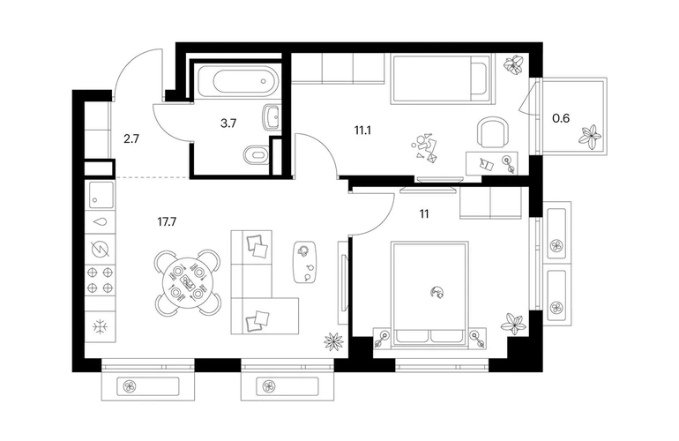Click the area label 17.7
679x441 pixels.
167,222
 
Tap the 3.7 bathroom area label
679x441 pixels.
228,123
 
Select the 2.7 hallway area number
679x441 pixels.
131,139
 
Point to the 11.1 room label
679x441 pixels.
362,130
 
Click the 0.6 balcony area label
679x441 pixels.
561,118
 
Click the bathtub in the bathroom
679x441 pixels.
237,80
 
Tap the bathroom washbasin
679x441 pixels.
271,117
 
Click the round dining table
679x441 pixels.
188,283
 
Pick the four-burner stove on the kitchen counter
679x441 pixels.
100,280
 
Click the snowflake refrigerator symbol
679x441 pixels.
100,326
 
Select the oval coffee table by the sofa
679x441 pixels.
306,261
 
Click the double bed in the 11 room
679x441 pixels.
430,295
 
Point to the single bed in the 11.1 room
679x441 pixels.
442,78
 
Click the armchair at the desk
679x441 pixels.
492,132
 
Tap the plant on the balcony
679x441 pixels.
589,137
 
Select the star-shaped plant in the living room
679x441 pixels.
333,340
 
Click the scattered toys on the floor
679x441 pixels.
423,148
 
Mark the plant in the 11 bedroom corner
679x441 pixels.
514,324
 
